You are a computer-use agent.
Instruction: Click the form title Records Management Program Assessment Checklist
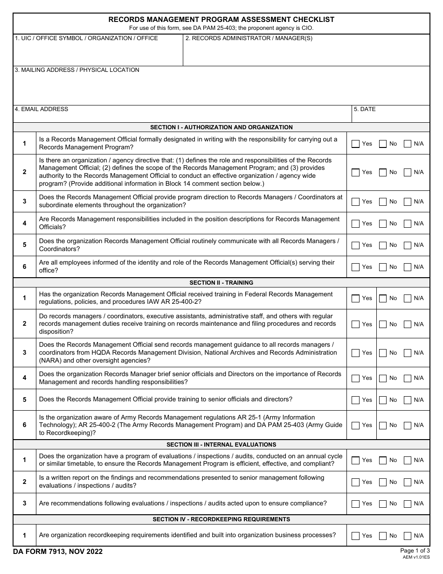[x=221, y=20]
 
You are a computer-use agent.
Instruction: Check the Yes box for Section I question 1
[x=355, y=144]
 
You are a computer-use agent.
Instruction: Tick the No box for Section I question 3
[x=383, y=202]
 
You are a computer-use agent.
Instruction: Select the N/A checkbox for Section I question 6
[x=408, y=267]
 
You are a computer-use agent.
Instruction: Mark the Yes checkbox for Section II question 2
[x=355, y=324]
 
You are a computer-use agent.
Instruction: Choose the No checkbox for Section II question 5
[x=383, y=400]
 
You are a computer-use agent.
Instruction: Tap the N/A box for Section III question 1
[x=408, y=460]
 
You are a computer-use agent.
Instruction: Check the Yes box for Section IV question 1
[x=355, y=536]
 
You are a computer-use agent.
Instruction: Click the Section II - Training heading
[x=221, y=283]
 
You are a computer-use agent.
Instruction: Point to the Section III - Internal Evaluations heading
[x=221, y=445]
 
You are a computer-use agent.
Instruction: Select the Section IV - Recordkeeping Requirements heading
[x=221, y=519]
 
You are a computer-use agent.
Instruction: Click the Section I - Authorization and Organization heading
[x=221, y=127]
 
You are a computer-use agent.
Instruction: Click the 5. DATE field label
[x=365, y=109]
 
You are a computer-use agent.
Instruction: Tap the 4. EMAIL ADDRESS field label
[x=42, y=109]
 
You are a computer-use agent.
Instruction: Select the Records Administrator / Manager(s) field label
[x=249, y=38]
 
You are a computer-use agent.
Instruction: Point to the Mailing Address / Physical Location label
[x=77, y=70]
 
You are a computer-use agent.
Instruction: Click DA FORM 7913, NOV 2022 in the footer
[x=58, y=552]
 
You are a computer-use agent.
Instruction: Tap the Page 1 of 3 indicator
[x=415, y=550]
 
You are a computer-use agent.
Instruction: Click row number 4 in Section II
[x=25, y=378]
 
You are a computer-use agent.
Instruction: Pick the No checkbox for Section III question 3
[x=383, y=504]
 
